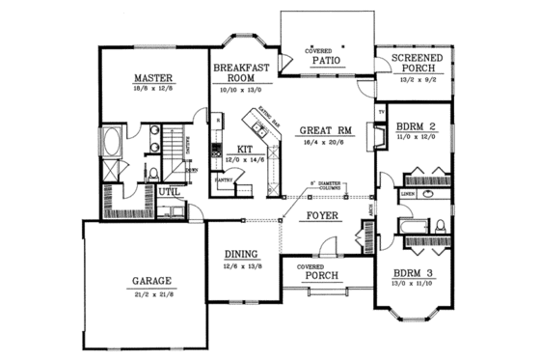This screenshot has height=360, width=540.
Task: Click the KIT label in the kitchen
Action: click(244, 149)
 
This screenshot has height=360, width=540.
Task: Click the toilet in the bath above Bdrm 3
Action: click(438, 226)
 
